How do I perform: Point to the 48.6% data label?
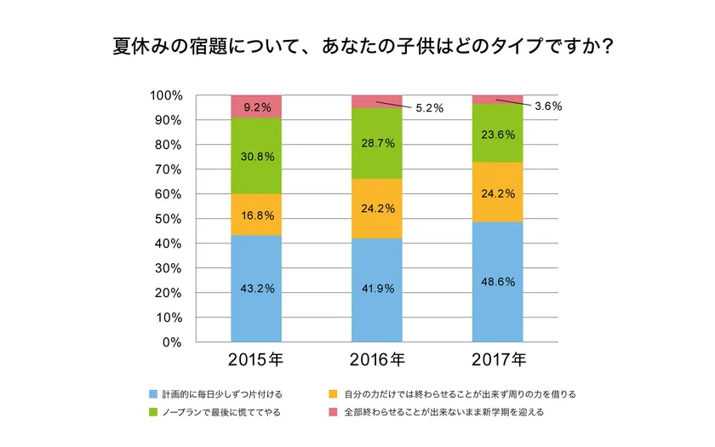point(498,282)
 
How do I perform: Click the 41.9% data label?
point(377,289)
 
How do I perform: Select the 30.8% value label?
point(257,157)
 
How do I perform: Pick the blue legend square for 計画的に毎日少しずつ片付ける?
point(153,394)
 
